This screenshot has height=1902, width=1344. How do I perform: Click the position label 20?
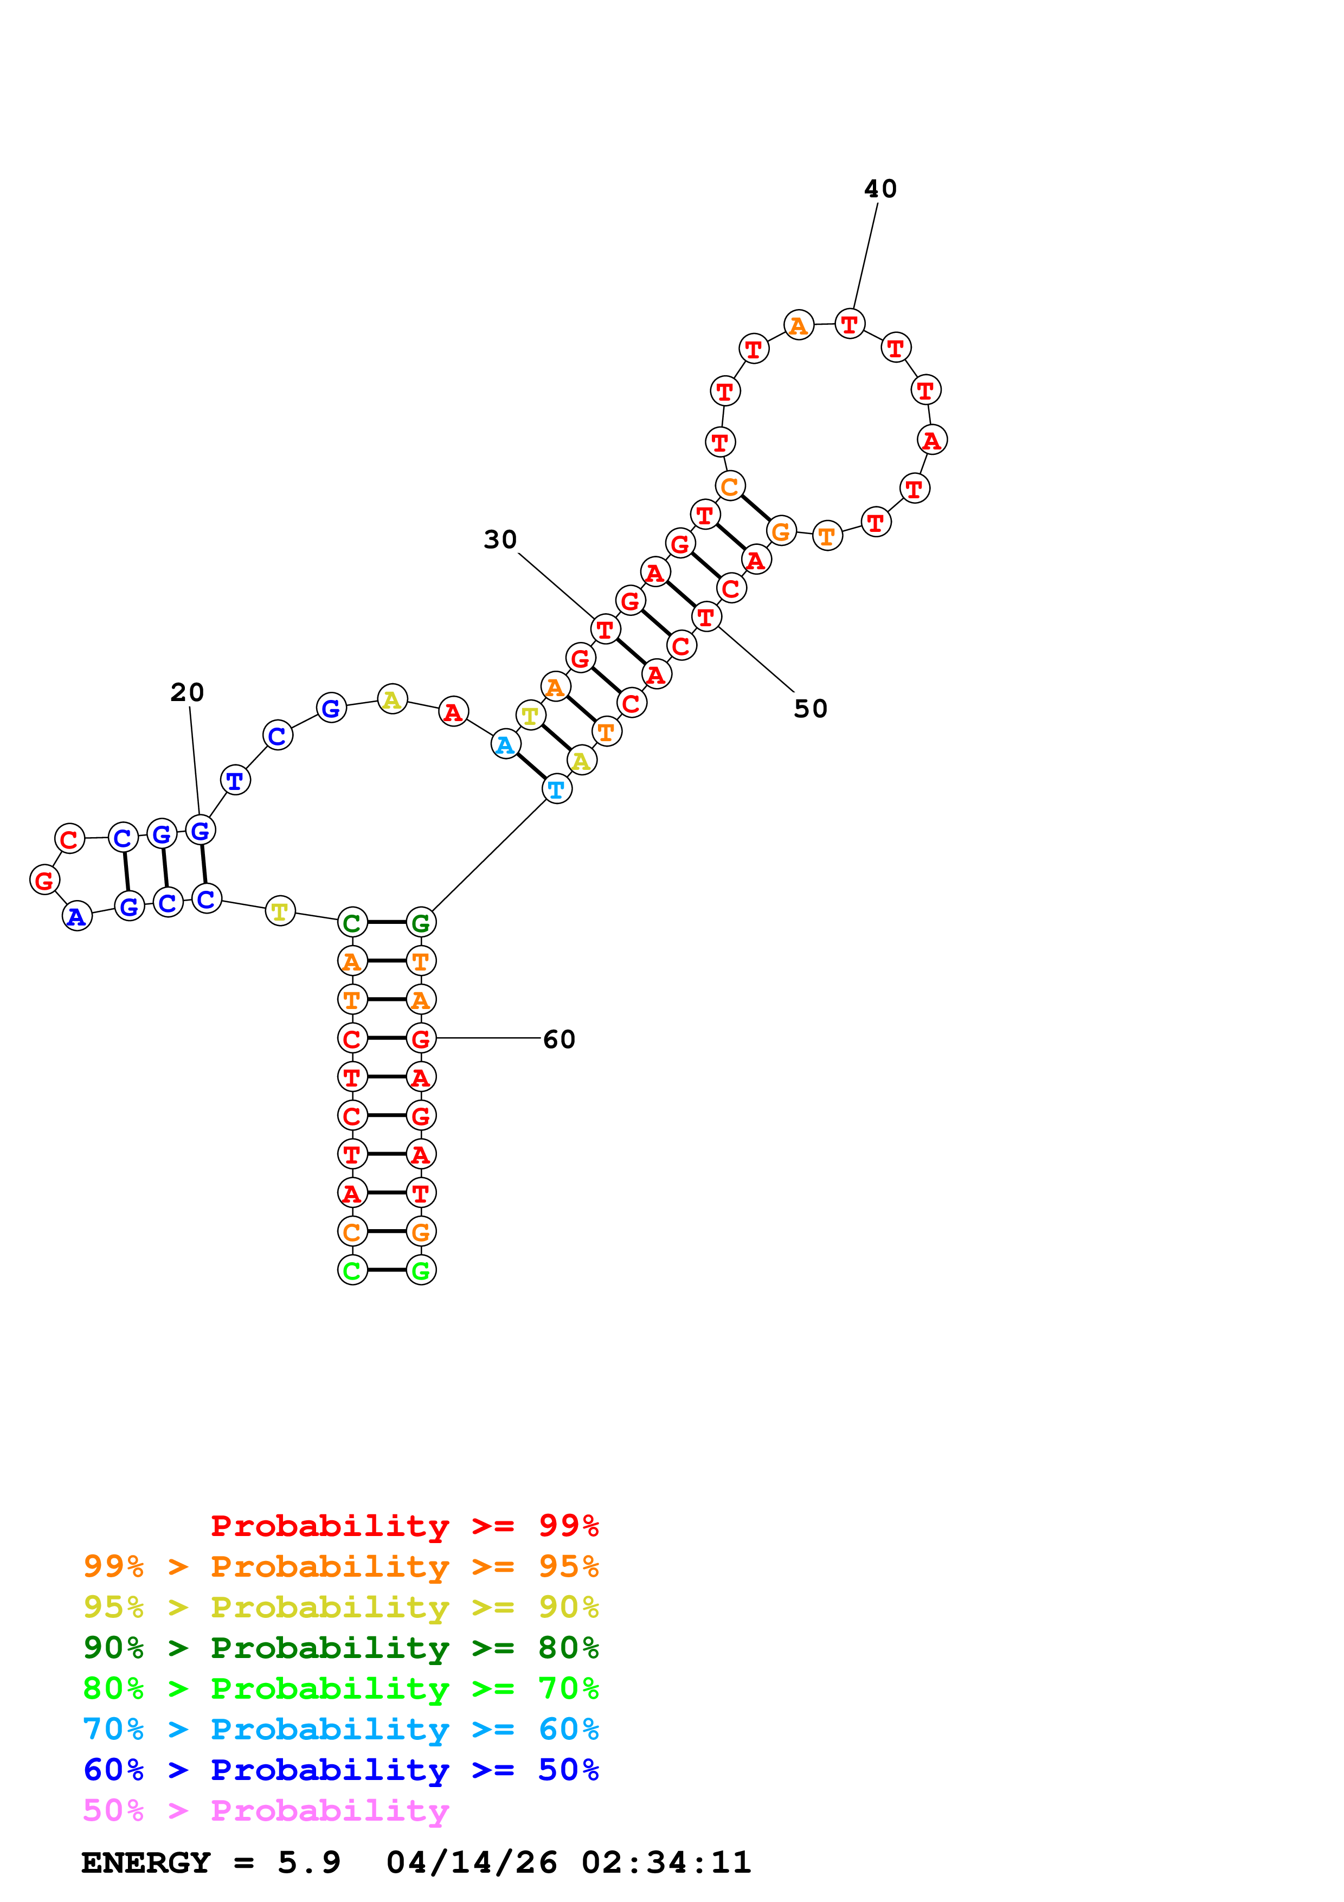(x=187, y=692)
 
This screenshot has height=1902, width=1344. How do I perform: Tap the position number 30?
(x=500, y=539)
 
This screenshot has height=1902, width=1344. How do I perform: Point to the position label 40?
(x=880, y=189)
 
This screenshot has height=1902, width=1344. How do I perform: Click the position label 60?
(x=559, y=1039)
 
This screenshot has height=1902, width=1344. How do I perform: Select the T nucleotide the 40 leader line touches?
(x=850, y=324)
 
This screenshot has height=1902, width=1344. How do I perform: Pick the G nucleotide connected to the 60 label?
(x=421, y=1038)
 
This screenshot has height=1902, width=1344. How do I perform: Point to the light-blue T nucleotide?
(x=556, y=789)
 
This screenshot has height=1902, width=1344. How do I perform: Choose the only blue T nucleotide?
(x=235, y=780)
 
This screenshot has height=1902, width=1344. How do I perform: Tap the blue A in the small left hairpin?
(x=77, y=916)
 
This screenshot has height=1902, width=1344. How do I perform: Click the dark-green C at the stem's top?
(x=352, y=922)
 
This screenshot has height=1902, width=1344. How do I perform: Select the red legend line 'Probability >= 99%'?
(x=404, y=1525)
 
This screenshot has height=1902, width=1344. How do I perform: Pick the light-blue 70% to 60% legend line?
(x=340, y=1729)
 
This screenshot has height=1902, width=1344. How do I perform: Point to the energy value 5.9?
(x=309, y=1862)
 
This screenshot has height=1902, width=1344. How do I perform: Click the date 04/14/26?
(x=471, y=1862)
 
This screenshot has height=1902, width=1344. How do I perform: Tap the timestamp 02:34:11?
(x=666, y=1862)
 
